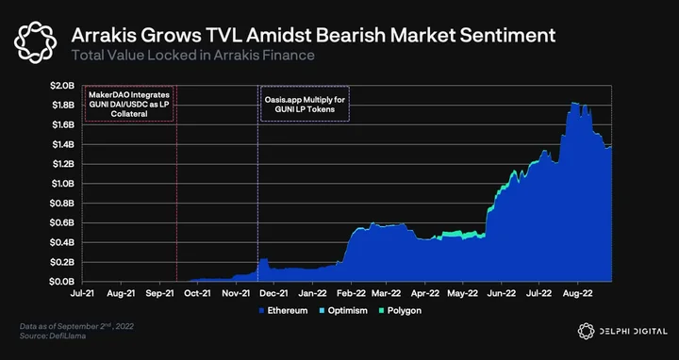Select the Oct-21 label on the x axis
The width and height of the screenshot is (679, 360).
(197, 293)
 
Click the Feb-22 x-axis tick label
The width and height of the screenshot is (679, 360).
(351, 293)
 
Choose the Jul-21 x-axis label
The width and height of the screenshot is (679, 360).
(83, 293)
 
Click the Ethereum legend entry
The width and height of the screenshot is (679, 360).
(283, 311)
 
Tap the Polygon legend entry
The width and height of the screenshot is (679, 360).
(400, 311)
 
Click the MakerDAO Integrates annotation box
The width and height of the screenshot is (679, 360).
(129, 104)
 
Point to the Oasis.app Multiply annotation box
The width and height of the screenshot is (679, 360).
(305, 104)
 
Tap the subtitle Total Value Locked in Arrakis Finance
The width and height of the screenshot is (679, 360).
(192, 56)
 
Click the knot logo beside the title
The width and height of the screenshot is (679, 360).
(35, 42)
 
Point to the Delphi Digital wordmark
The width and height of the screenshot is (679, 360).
(633, 332)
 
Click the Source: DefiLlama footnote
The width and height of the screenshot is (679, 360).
(53, 335)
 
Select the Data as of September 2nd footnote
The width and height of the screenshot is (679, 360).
(76, 326)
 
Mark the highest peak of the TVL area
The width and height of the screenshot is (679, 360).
(573, 103)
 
